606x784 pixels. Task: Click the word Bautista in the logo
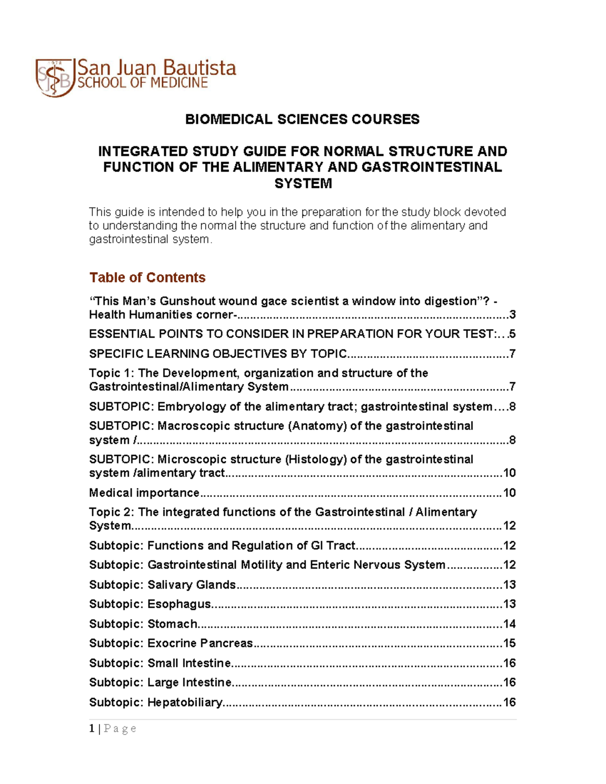[x=199, y=68]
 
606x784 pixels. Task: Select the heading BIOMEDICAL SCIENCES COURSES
[x=302, y=119]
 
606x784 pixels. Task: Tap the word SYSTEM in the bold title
[x=303, y=183]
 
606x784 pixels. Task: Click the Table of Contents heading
[x=147, y=277]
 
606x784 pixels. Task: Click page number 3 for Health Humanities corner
[x=512, y=315]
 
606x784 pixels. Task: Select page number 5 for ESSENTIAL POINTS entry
[x=512, y=334]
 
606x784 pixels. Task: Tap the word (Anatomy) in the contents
[x=317, y=426]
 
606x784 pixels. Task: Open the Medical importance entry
[x=144, y=493]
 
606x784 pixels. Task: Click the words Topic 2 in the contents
[x=111, y=512]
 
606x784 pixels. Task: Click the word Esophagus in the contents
[x=179, y=604]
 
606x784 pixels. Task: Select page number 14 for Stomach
[x=509, y=624]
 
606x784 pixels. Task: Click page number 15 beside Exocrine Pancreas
[x=509, y=643]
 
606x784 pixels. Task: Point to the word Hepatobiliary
[x=184, y=702]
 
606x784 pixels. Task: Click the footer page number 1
[x=91, y=728]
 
